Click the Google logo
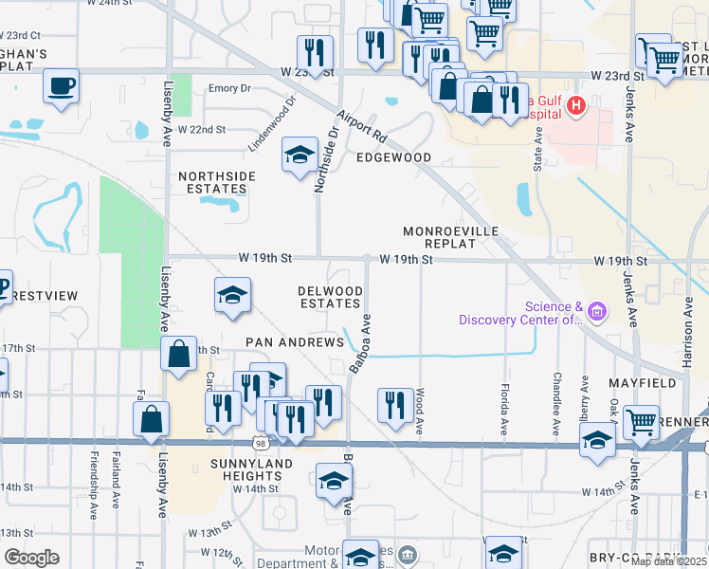[x=31, y=558]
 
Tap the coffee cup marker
[x=61, y=86]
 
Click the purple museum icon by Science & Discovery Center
[x=597, y=310]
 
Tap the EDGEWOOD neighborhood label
[x=393, y=157]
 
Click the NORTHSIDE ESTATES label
[x=217, y=183]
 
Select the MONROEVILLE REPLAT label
[x=450, y=237]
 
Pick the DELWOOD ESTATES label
[x=330, y=297]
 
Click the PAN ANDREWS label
[x=295, y=341]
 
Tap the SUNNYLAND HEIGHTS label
[x=233, y=468]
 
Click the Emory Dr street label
[x=229, y=88]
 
